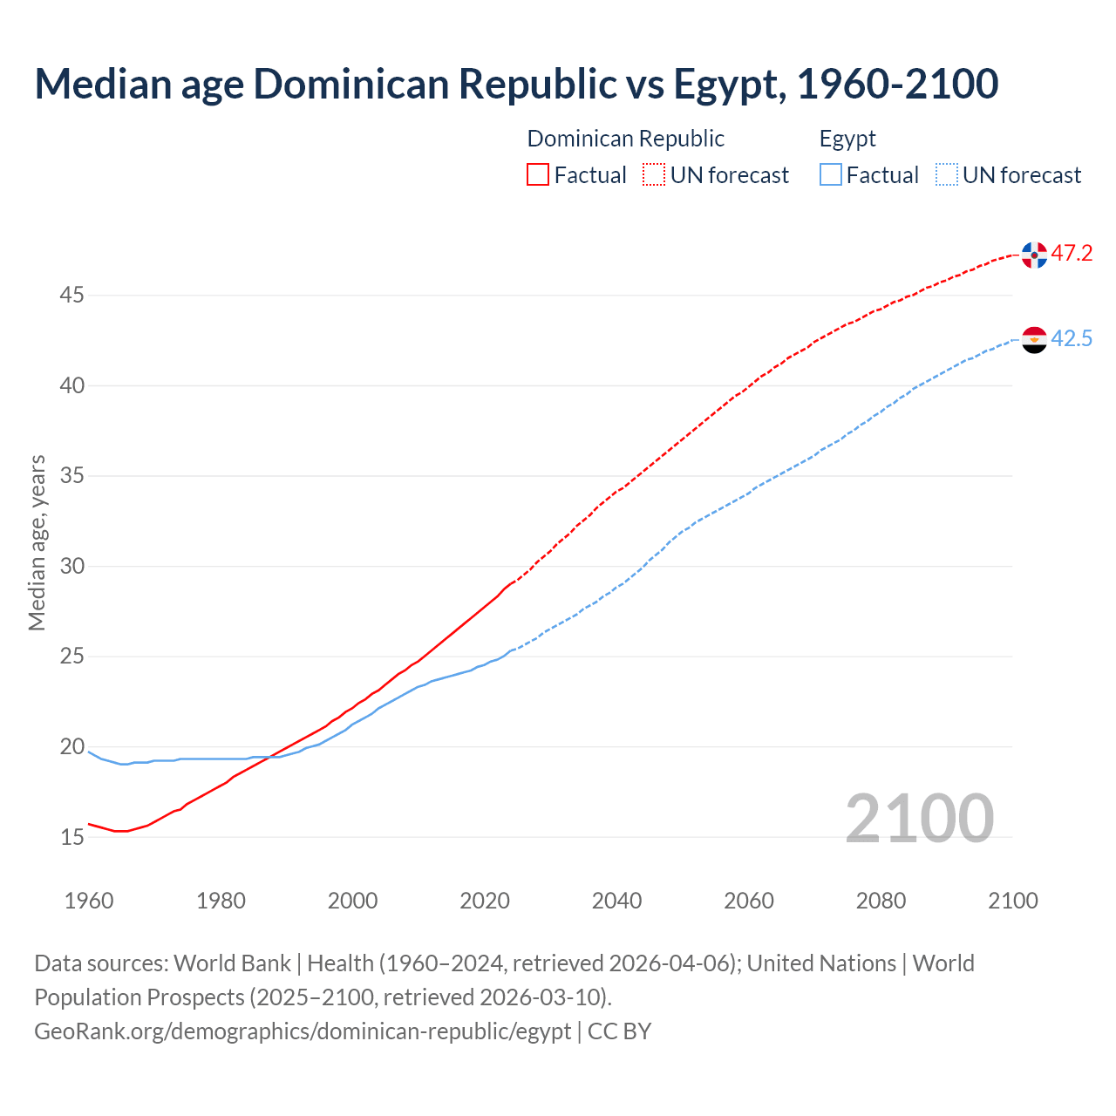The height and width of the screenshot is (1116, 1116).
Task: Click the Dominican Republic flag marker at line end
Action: (x=1034, y=255)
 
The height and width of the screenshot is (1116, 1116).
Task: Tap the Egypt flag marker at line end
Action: (x=1034, y=340)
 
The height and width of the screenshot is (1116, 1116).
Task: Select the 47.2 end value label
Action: (x=1072, y=254)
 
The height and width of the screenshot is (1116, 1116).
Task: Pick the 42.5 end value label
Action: (x=1072, y=339)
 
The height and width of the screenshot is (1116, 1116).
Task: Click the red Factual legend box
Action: (x=538, y=175)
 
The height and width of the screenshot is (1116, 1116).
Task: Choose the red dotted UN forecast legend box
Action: (x=654, y=175)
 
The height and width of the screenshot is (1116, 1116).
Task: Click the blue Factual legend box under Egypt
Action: (x=831, y=175)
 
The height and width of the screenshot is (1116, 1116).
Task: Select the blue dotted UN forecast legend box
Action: (x=946, y=175)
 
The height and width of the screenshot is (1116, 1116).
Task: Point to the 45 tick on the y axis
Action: (x=71, y=296)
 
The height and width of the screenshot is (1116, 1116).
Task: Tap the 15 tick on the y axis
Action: (x=71, y=838)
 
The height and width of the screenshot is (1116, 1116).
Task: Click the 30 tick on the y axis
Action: (x=71, y=567)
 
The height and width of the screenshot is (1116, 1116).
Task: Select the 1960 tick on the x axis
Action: (x=89, y=901)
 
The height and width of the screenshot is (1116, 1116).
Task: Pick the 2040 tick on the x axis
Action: (x=616, y=901)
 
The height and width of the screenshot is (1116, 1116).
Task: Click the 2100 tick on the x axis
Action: (x=1013, y=901)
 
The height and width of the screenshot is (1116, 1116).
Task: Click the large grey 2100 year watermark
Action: (x=919, y=818)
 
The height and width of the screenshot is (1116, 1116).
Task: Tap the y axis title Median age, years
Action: (x=37, y=542)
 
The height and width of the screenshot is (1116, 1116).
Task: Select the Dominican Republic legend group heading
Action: (x=625, y=139)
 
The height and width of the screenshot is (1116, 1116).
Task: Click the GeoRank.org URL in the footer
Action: (x=303, y=1031)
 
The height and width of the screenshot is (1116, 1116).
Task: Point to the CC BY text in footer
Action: (x=619, y=1031)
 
